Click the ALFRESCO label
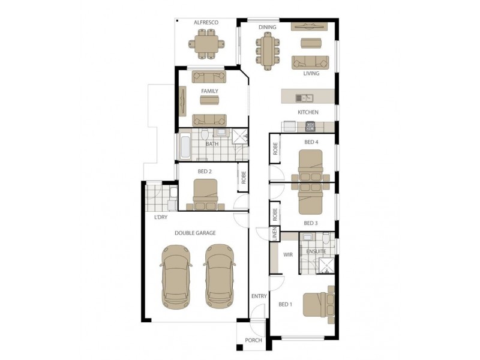click(206, 22)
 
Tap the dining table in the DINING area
click(268, 50)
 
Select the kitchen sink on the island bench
click(304, 98)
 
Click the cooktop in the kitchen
click(310, 126)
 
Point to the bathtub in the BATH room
click(185, 147)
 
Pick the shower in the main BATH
click(240, 136)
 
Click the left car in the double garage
click(176, 277)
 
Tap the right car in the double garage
click(220, 276)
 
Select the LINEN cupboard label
click(275, 234)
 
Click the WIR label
click(288, 254)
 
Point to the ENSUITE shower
click(326, 265)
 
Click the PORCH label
click(253, 340)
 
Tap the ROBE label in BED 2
click(244, 177)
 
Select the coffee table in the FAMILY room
click(209, 100)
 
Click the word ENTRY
click(259, 296)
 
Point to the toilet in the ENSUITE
click(326, 238)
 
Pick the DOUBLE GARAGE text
click(195, 233)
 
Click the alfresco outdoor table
click(206, 44)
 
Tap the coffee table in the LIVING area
click(311, 43)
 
